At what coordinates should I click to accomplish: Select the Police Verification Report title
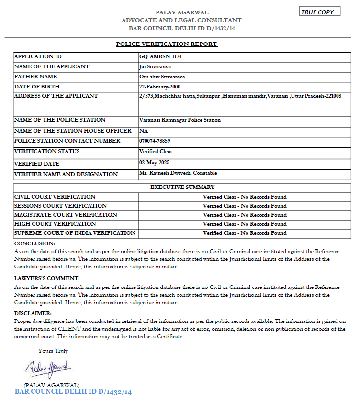167,44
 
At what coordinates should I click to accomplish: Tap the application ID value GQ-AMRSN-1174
160,56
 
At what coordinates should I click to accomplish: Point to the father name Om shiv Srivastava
162,77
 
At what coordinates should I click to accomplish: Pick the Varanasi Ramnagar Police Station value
180,120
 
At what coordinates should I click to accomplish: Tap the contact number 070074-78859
155,141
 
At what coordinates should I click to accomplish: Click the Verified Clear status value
156,151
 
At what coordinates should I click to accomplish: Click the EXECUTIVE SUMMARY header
182,187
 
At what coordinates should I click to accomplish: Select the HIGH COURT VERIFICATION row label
55,224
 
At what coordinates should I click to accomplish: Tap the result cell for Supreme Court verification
245,233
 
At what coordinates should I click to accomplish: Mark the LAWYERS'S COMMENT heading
47,278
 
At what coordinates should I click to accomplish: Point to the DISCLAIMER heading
33,313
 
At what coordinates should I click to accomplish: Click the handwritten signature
49,368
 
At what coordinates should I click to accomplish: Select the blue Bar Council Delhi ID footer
73,392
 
